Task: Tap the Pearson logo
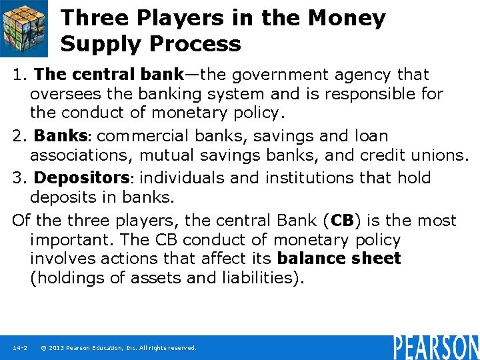(x=435, y=347)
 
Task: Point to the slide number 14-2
(x=19, y=348)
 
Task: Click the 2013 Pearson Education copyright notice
(x=119, y=348)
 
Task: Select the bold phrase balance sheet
(x=339, y=259)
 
